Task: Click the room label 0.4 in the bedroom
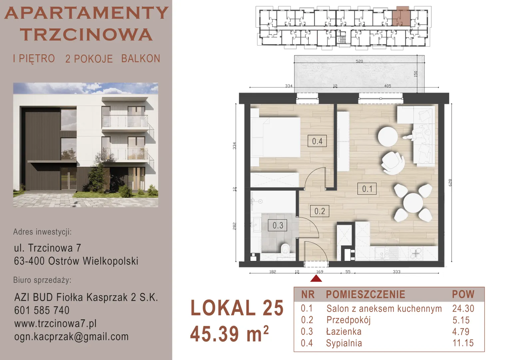coord(317,141)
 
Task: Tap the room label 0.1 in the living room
coord(367,189)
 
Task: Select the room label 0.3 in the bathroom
coord(277,225)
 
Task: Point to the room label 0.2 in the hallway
coord(319,211)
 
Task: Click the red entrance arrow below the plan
coord(316,278)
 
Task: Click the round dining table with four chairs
coord(413,203)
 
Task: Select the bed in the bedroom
coord(275,137)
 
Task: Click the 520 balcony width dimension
coord(359,61)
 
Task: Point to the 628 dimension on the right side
coord(450,183)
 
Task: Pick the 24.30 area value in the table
coord(463,309)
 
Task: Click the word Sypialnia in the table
coord(344,343)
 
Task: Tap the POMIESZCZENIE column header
coord(365,294)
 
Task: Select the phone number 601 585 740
coord(42,310)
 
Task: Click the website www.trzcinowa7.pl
coord(55,323)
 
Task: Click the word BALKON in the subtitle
coord(141,58)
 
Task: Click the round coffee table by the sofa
coord(388,136)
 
